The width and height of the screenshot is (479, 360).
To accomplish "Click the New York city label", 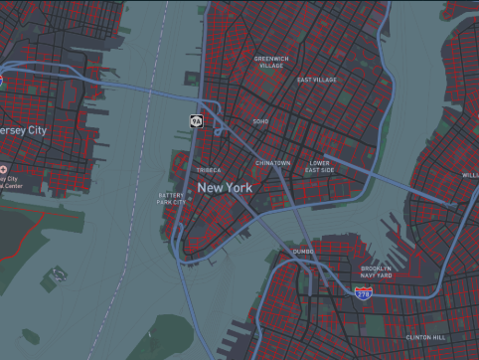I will click(x=225, y=187).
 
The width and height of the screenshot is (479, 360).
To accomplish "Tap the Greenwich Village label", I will click(x=271, y=62).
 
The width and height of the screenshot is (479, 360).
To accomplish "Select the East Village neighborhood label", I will click(x=317, y=80).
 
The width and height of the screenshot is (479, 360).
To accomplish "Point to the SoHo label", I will click(x=260, y=121).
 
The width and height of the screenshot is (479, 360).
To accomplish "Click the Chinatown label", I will click(x=272, y=162).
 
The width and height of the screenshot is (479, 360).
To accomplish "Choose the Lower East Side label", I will click(x=320, y=166).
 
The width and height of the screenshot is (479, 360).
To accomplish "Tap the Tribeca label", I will click(x=209, y=170).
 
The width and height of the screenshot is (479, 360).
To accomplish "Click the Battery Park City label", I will click(x=172, y=199).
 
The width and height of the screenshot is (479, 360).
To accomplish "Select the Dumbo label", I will click(x=303, y=253).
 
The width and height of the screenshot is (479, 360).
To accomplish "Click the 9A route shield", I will click(x=197, y=120).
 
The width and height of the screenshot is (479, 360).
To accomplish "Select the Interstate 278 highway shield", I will click(x=364, y=292).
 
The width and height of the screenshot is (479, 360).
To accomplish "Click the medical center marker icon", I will click(x=4, y=170).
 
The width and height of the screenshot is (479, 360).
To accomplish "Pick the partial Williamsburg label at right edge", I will click(x=470, y=174).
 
